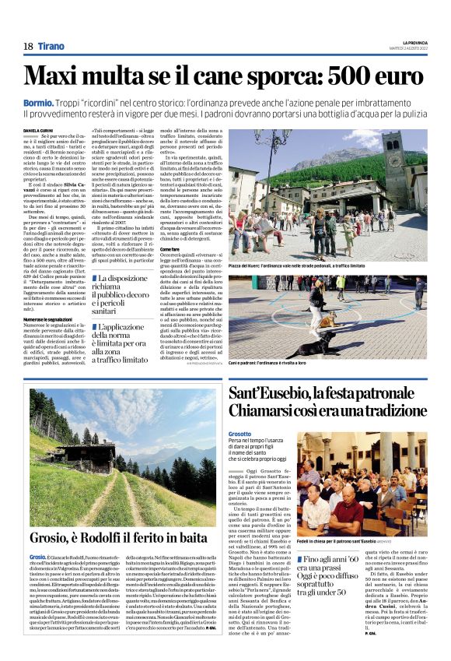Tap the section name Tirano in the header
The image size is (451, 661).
(x=53, y=47)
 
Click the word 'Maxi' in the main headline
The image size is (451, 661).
(x=59, y=76)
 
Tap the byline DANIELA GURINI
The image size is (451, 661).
(x=38, y=131)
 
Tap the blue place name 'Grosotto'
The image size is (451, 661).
(x=240, y=433)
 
